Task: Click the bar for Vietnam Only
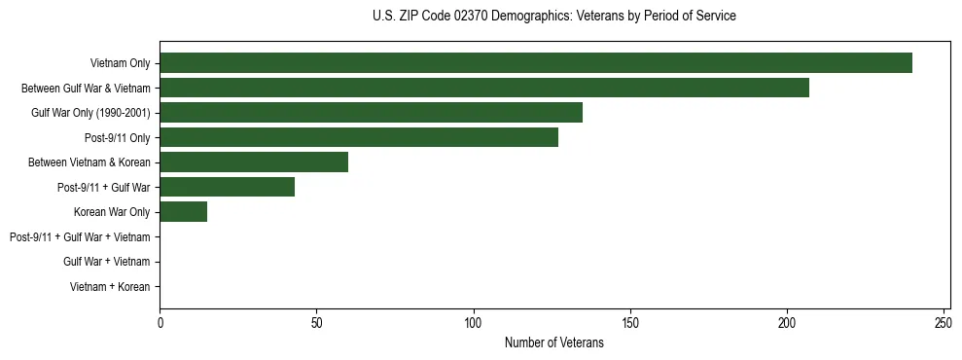(x=536, y=63)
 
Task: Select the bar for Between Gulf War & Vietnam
(x=484, y=88)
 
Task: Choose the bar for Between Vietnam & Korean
(x=254, y=162)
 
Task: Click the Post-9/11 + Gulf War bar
(x=227, y=187)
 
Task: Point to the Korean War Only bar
(x=183, y=212)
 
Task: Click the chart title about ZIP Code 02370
(x=554, y=16)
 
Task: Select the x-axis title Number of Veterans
(x=554, y=342)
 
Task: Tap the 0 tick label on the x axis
(x=160, y=321)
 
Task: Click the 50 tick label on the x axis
(x=316, y=321)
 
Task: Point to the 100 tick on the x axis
(x=474, y=321)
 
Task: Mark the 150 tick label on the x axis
(x=630, y=321)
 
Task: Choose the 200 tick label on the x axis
(x=787, y=321)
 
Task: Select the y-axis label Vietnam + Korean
(x=110, y=287)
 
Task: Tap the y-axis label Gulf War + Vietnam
(x=106, y=262)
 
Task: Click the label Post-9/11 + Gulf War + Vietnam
(x=80, y=237)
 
